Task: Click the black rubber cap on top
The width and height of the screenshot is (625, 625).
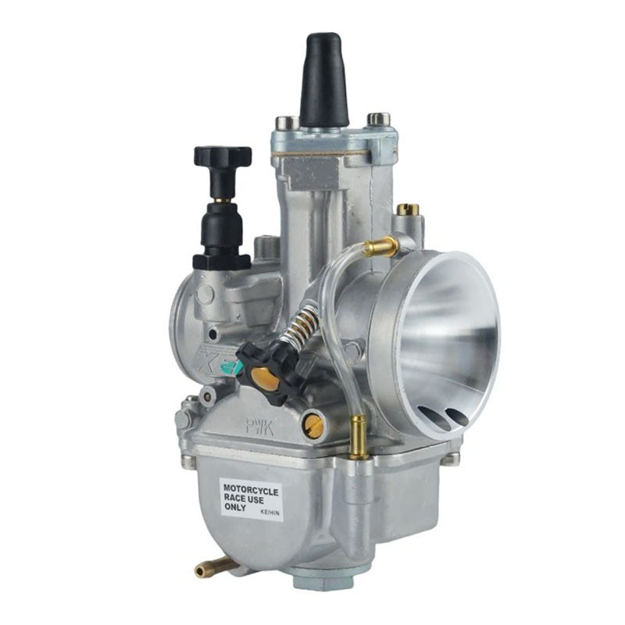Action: pyautogui.click(x=324, y=80)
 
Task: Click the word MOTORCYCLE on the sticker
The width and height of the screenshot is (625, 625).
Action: pyautogui.click(x=251, y=491)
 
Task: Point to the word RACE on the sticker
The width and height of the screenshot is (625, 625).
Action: pyautogui.click(x=234, y=498)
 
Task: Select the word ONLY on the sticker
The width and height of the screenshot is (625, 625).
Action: pyautogui.click(x=235, y=507)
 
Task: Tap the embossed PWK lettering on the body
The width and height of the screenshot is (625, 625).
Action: pyautogui.click(x=259, y=426)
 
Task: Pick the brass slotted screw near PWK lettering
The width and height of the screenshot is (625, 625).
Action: pyautogui.click(x=314, y=425)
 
